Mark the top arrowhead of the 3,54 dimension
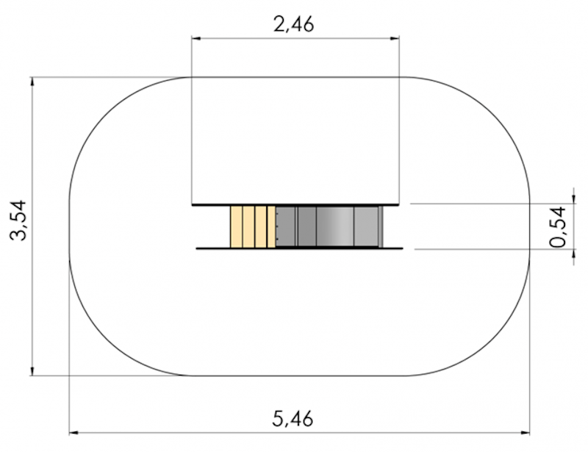[x=32, y=82]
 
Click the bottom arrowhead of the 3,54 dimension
[x=32, y=370]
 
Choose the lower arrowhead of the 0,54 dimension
[x=572, y=256]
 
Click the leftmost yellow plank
[x=236, y=227]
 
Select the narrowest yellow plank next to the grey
[x=271, y=227]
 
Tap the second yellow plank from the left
[x=248, y=227]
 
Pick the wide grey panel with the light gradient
[x=334, y=227]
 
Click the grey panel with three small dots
[x=286, y=227]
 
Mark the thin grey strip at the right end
[x=381, y=227]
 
